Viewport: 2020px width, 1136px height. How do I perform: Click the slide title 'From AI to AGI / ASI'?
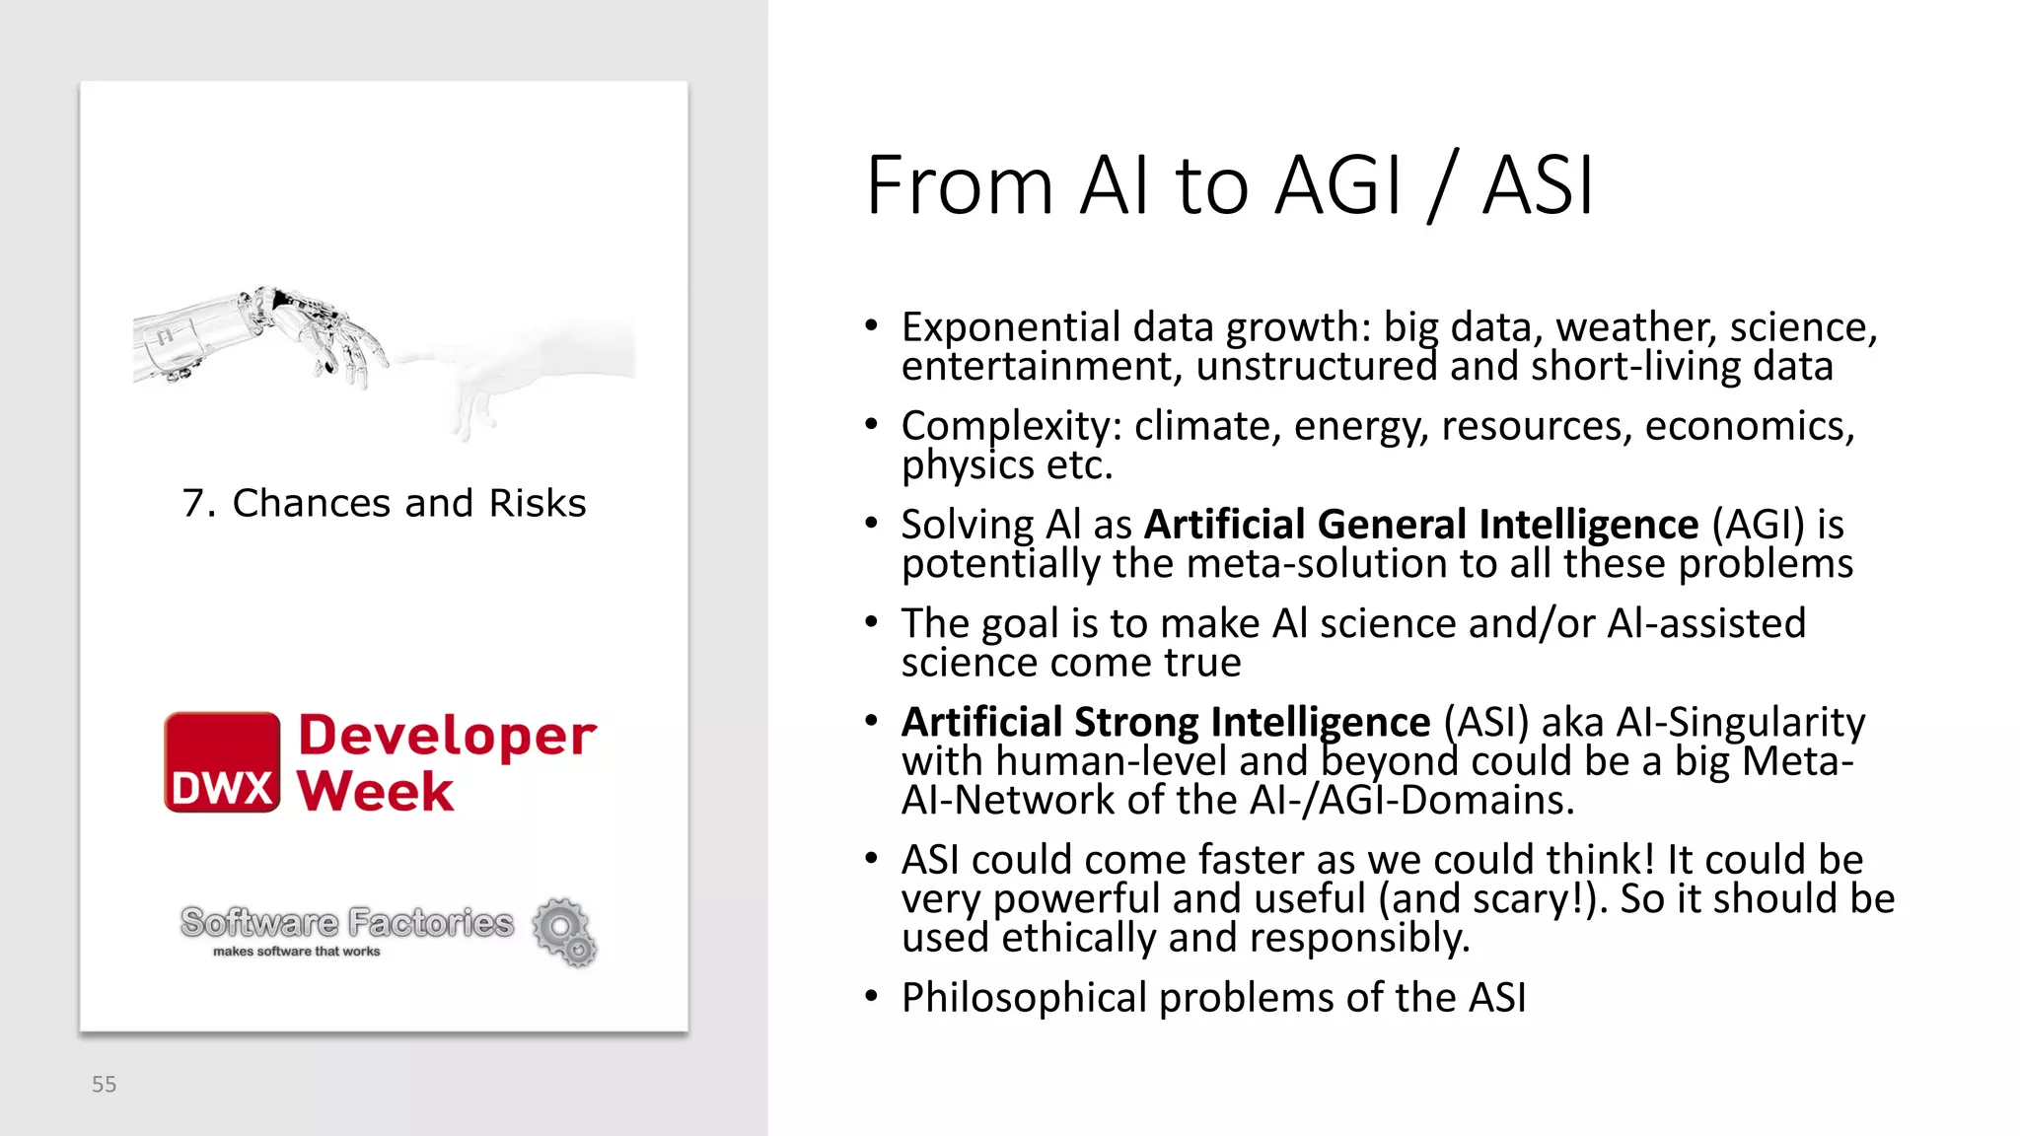tap(1229, 185)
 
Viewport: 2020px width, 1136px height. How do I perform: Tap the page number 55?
tap(104, 1085)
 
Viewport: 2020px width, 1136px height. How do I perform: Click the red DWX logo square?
tap(222, 762)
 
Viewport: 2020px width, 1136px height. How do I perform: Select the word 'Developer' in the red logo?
tap(447, 736)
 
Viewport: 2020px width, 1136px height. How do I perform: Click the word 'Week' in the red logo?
tap(376, 792)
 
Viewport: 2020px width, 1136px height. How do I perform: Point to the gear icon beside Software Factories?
tap(565, 931)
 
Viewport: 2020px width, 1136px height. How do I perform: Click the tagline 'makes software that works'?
tap(296, 952)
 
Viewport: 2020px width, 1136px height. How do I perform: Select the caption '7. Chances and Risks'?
tap(384, 503)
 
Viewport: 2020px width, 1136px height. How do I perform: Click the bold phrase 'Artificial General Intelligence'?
tap(1421, 525)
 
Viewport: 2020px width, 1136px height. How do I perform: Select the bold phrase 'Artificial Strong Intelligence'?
tap(1166, 722)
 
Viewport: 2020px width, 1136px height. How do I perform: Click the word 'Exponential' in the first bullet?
tap(1011, 327)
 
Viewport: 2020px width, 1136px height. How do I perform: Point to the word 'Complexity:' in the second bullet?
tap(1012, 426)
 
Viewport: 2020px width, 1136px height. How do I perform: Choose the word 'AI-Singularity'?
tap(1741, 722)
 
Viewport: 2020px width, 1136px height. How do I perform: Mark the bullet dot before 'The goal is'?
tap(871, 622)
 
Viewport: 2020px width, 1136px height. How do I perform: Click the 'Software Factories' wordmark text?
tap(347, 923)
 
